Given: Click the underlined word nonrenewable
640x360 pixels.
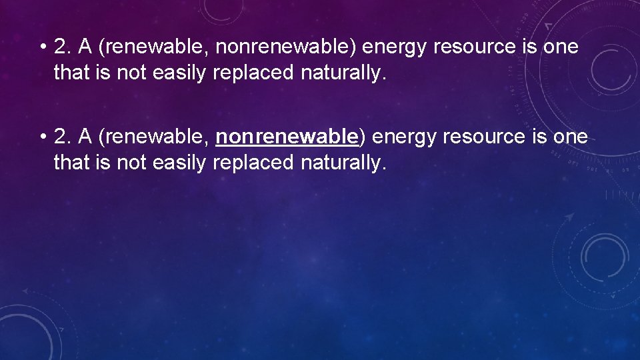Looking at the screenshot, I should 287,137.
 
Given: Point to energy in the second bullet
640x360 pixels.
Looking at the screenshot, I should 402,137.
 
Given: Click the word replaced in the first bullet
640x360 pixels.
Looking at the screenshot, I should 254,73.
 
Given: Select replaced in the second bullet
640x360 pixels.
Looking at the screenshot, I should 254,162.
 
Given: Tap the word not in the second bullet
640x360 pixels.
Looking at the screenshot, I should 132,162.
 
